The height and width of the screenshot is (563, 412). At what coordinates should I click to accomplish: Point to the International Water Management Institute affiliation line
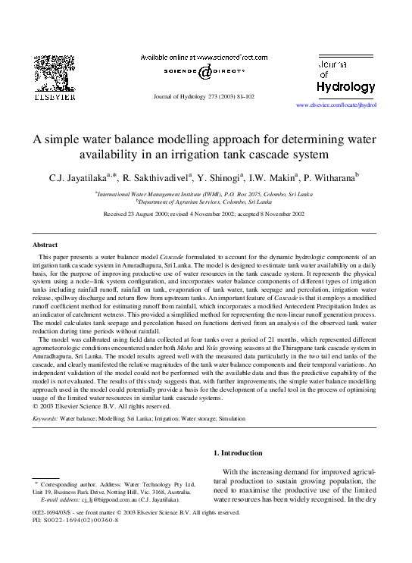pyautogui.click(x=204, y=195)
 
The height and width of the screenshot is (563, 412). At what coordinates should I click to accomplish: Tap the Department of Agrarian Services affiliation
pyautogui.click(x=204, y=202)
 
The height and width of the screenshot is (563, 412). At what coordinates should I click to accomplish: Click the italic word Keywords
pyautogui.click(x=45, y=417)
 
